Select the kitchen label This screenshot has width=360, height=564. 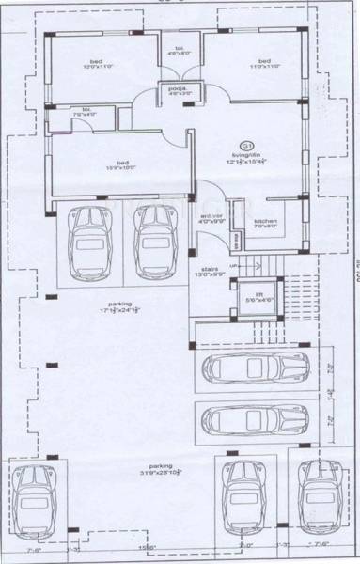[x=266, y=224]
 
